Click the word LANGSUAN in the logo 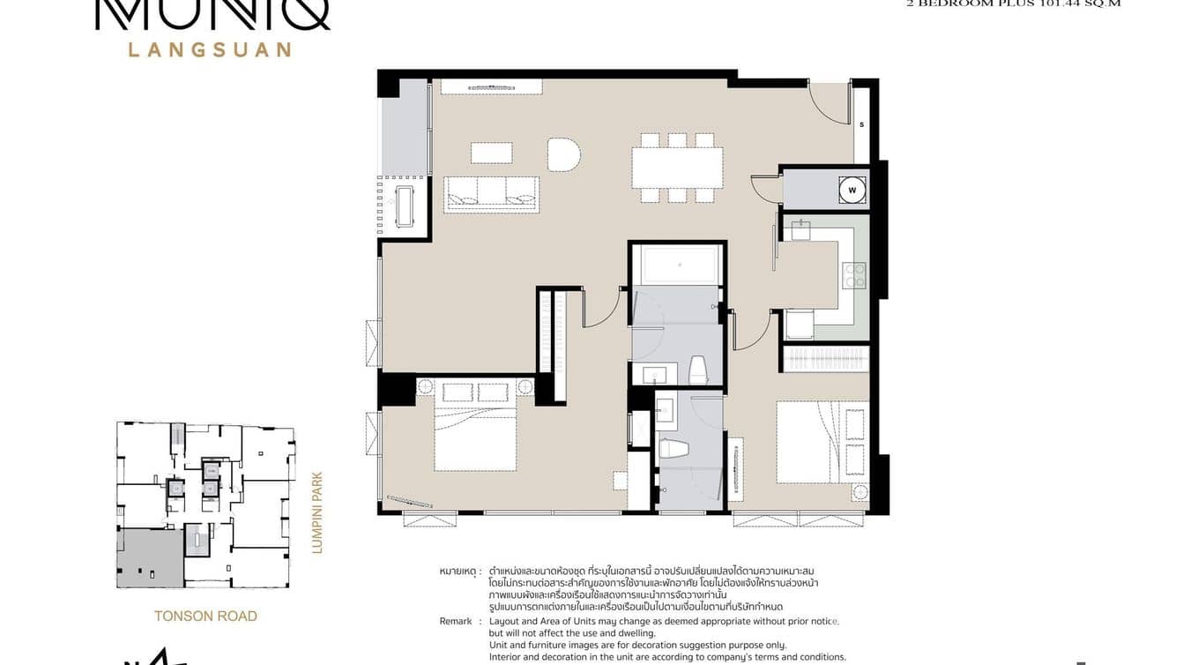(x=210, y=49)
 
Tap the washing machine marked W (x=852, y=189)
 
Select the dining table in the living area (x=677, y=168)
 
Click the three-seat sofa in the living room (x=491, y=193)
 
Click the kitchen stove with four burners (x=853, y=276)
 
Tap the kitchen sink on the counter (x=800, y=230)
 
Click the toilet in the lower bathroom (x=673, y=448)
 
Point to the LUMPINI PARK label (x=317, y=512)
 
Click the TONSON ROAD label (x=205, y=616)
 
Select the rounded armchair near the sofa (x=563, y=154)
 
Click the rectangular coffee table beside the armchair (x=491, y=153)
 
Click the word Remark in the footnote (x=455, y=622)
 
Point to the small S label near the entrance (x=861, y=124)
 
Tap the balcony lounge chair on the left (x=405, y=205)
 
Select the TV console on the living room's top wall (x=491, y=86)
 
